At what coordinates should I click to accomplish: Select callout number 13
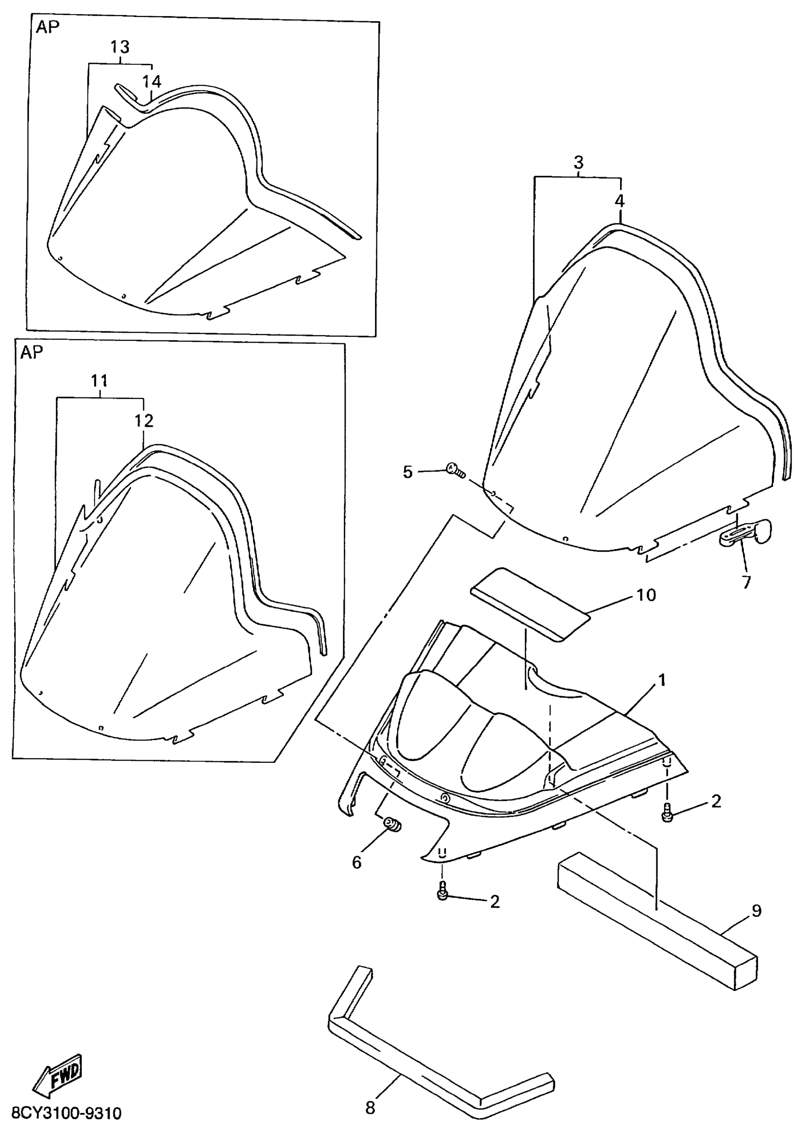[x=120, y=47]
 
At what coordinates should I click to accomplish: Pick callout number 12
[x=144, y=421]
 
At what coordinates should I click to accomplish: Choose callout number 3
[x=578, y=162]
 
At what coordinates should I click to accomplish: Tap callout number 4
[x=620, y=201]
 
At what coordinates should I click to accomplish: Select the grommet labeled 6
[x=392, y=824]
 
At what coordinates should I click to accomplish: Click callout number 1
[x=662, y=680]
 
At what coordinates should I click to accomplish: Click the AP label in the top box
[x=47, y=27]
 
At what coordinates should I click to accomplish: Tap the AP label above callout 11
[x=32, y=352]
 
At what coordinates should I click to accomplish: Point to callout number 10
[x=646, y=595]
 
